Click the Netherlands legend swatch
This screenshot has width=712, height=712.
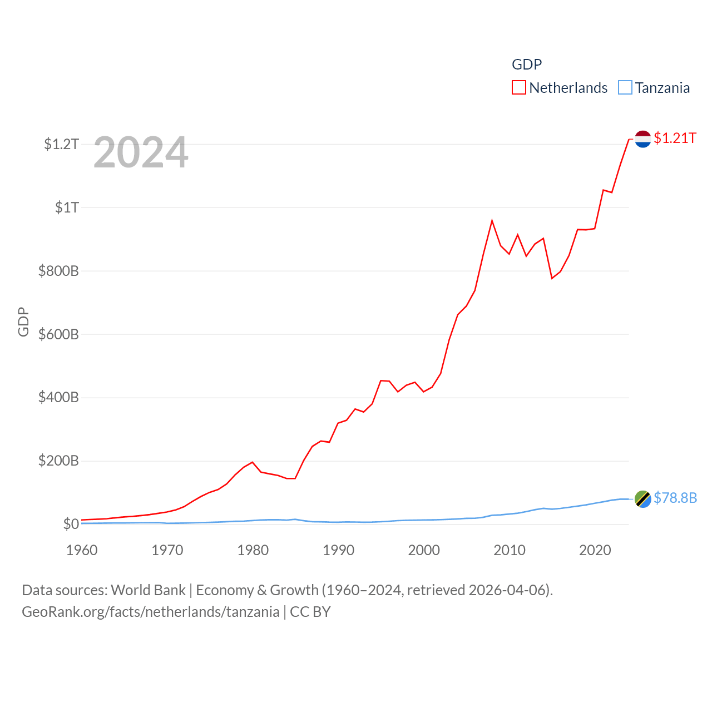coord(518,88)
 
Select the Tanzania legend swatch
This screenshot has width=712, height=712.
coord(625,88)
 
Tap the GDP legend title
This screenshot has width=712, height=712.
coord(526,65)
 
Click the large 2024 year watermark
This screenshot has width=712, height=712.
coord(141,152)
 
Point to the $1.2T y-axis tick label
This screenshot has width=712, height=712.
coord(61,144)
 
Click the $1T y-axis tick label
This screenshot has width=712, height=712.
coord(67,207)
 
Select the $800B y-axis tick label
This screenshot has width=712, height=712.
coord(58,271)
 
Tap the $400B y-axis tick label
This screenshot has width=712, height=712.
coord(58,397)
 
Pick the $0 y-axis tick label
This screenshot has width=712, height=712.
coord(71,524)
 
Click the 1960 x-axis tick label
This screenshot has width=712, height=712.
coord(82,550)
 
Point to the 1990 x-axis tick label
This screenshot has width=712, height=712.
coord(338,550)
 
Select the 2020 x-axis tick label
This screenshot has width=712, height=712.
coord(595,550)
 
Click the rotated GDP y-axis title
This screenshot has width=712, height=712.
coord(23,322)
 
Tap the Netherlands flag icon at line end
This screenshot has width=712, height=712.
coord(642,139)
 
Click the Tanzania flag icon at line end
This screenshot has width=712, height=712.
coord(642,499)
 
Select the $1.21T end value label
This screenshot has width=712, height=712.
coord(675,138)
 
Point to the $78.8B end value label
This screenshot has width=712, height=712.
coord(675,498)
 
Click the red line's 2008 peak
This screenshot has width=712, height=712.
coord(492,221)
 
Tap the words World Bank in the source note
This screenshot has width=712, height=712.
coord(148,590)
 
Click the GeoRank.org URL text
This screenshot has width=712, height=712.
coord(150,612)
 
